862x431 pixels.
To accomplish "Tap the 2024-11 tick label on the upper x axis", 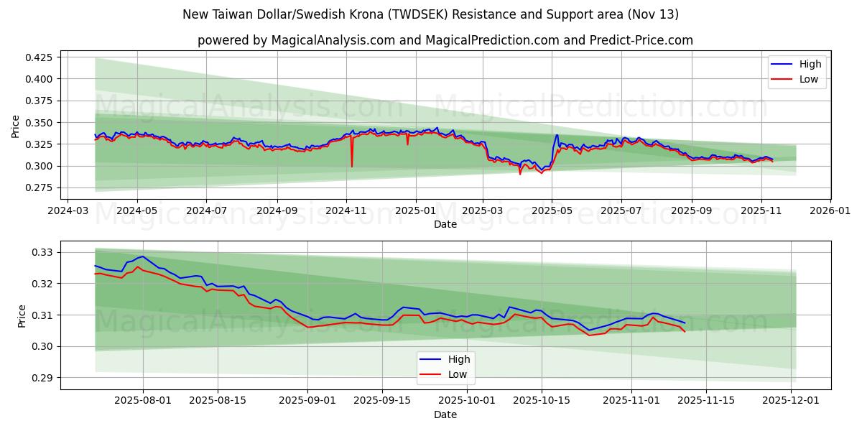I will click(x=346, y=212).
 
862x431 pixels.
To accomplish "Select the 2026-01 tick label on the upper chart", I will click(x=830, y=212).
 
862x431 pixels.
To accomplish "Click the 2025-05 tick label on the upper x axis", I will click(x=552, y=212).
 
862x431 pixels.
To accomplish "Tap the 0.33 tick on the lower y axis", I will click(x=42, y=252).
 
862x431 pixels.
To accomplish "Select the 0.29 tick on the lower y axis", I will click(x=42, y=378).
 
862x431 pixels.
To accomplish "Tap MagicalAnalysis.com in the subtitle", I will click(x=333, y=40).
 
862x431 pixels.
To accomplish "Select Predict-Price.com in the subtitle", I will click(x=641, y=40).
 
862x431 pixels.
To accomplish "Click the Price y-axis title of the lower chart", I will click(x=21, y=315).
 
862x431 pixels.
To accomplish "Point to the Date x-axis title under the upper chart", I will click(x=445, y=225).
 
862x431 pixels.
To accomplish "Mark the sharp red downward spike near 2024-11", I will click(x=352, y=165).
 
